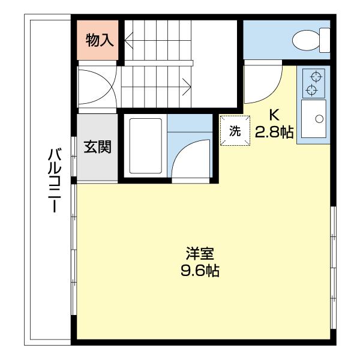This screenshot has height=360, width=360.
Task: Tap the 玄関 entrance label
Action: click(x=97, y=146)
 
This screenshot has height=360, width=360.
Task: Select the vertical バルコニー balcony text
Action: click(x=53, y=180)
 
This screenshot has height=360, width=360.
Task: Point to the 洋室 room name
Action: click(x=200, y=254)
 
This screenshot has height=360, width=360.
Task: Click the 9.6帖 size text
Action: click(x=200, y=271)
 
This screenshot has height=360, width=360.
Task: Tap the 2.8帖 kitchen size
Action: click(x=274, y=132)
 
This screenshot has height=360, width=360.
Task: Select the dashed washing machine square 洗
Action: click(x=235, y=131)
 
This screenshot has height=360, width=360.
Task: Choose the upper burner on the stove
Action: click(x=312, y=77)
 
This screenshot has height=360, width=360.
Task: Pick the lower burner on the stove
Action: click(x=312, y=91)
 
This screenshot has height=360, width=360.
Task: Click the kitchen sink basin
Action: click(x=313, y=120)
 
